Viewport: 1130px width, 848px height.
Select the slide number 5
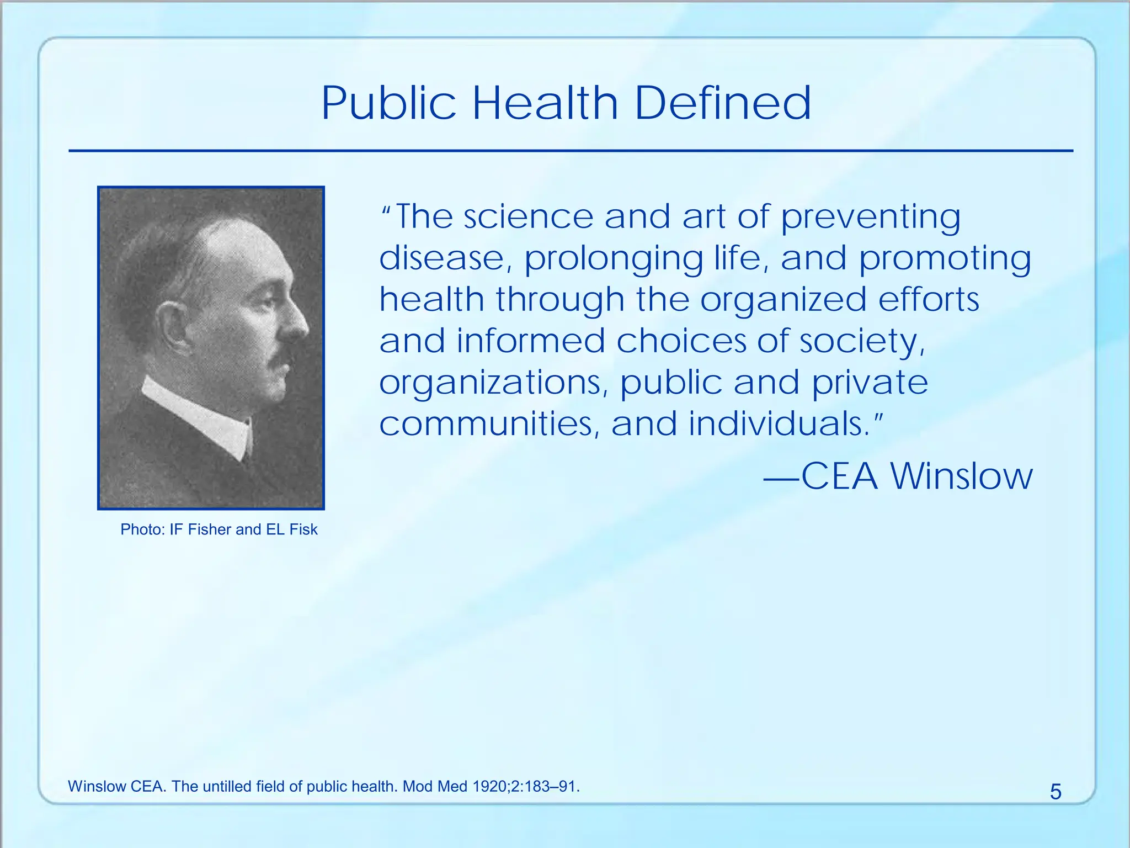[1055, 792]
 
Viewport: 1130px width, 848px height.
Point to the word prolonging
[613, 259]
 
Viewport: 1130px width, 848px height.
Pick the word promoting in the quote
[945, 259]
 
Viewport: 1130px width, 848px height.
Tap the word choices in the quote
[680, 341]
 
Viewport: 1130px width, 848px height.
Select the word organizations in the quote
[494, 383]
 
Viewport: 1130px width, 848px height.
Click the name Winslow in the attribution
[961, 476]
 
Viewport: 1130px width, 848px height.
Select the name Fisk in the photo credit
[303, 529]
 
